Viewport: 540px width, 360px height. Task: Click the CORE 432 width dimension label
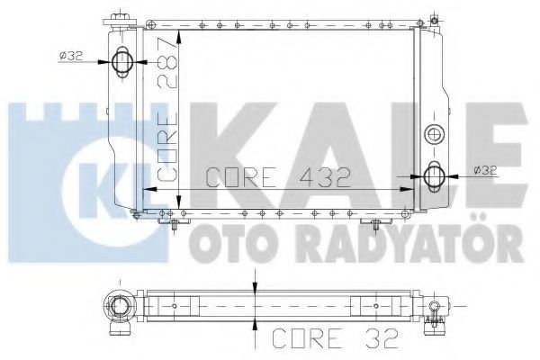point(278,177)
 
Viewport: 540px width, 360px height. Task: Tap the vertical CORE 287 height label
point(167,109)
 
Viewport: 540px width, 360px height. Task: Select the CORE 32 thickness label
point(335,338)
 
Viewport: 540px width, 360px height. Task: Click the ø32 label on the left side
point(70,56)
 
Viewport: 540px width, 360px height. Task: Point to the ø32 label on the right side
point(485,170)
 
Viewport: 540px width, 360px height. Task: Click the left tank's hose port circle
point(121,62)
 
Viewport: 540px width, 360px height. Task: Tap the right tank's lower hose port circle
point(434,176)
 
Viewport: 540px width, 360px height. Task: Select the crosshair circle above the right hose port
point(435,134)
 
